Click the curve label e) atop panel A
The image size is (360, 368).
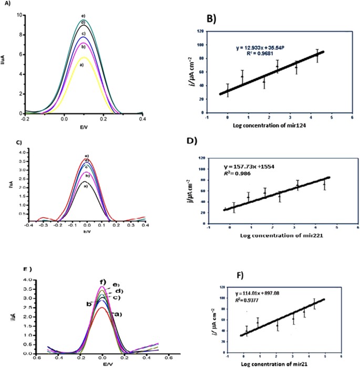83,15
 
